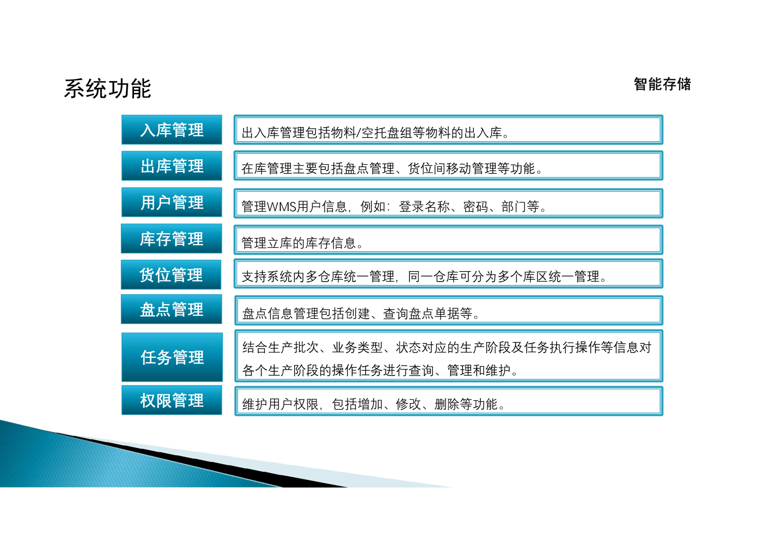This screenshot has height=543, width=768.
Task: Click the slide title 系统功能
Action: tap(108, 88)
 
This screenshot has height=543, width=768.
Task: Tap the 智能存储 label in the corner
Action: tap(662, 84)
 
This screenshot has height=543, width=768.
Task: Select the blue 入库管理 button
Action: tap(172, 130)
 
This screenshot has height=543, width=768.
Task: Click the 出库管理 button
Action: tap(172, 166)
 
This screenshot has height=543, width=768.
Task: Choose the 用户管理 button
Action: tap(172, 202)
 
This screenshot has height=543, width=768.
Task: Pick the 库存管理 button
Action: tap(171, 239)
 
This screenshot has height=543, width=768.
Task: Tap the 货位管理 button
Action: tap(171, 275)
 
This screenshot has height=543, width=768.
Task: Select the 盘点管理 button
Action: tap(171, 309)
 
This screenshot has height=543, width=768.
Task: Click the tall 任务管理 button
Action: tap(172, 357)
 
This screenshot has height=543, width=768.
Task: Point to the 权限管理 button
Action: tap(172, 400)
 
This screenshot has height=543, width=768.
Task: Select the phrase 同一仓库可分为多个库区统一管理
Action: tap(504, 276)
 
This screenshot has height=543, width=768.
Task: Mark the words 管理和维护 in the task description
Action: tap(479, 370)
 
